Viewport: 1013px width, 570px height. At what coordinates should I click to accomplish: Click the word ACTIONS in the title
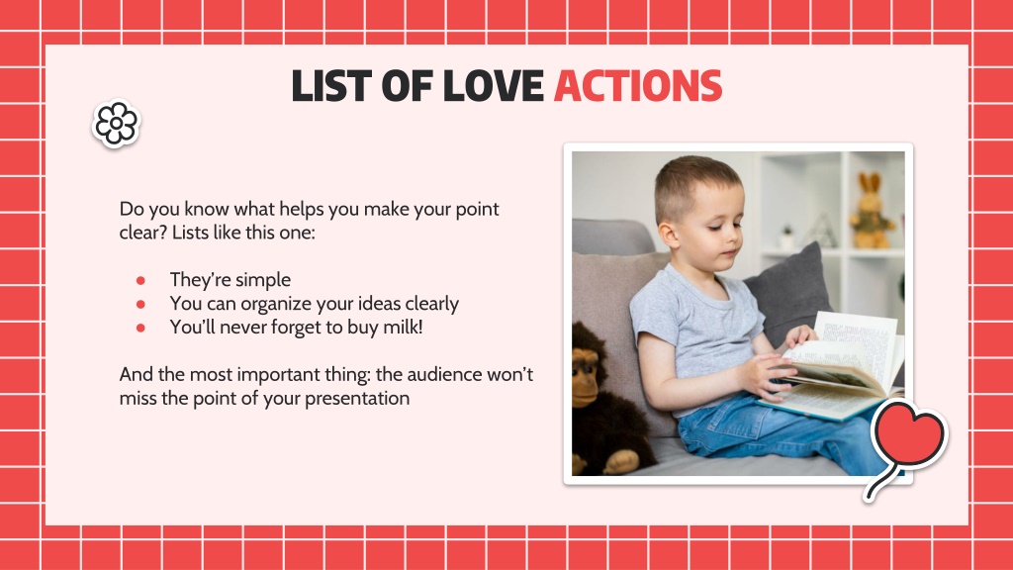[x=638, y=86]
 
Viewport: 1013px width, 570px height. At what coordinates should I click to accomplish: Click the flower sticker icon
[x=117, y=123]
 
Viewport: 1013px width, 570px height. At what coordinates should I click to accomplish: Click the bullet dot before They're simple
[x=140, y=280]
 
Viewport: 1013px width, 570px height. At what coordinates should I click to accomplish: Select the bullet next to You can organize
[x=140, y=304]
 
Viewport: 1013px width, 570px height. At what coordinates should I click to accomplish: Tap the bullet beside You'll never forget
[x=140, y=328]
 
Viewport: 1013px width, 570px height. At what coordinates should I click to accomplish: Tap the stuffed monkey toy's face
[x=586, y=380]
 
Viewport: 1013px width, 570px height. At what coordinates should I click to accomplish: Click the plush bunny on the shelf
[x=871, y=211]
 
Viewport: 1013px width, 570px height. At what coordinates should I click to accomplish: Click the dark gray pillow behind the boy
[x=789, y=291]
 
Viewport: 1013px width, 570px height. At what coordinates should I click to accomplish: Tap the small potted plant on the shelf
[x=786, y=237]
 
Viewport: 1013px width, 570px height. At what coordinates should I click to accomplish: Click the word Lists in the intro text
[x=190, y=232]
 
